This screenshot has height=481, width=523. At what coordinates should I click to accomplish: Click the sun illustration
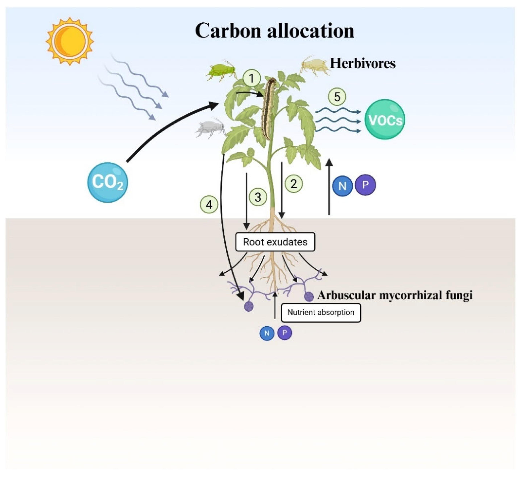pyautogui.click(x=70, y=41)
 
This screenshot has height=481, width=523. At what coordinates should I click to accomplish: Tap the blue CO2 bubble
pyautogui.click(x=107, y=182)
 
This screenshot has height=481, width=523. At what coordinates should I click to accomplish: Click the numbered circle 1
pyautogui.click(x=252, y=78)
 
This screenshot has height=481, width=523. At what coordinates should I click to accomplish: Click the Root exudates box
pyautogui.click(x=275, y=242)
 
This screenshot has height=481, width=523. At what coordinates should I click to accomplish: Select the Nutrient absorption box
pyautogui.click(x=321, y=312)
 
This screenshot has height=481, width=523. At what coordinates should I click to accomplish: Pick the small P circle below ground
pyautogui.click(x=284, y=333)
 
